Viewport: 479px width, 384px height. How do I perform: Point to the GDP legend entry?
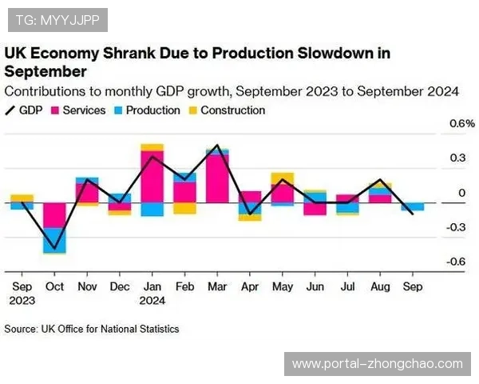(25, 110)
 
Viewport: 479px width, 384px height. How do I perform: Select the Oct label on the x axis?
(55, 286)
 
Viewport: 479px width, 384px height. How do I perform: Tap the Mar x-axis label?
(217, 286)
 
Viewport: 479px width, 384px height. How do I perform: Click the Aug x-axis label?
(380, 286)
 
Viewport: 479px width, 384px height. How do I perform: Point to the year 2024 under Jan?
(152, 301)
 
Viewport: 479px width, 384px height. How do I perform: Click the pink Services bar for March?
(217, 178)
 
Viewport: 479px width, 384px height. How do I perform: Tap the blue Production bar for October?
(55, 240)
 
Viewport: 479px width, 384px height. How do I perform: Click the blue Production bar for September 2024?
(413, 206)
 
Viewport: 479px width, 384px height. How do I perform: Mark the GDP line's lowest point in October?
(55, 250)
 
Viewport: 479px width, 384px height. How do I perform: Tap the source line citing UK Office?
(92, 329)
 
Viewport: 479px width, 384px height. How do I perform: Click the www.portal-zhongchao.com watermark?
(377, 364)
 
